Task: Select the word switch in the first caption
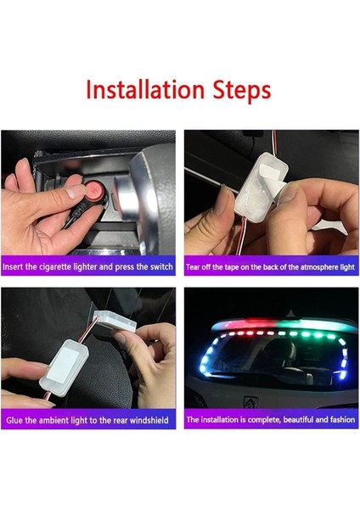click(161, 266)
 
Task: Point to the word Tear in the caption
click(194, 266)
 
